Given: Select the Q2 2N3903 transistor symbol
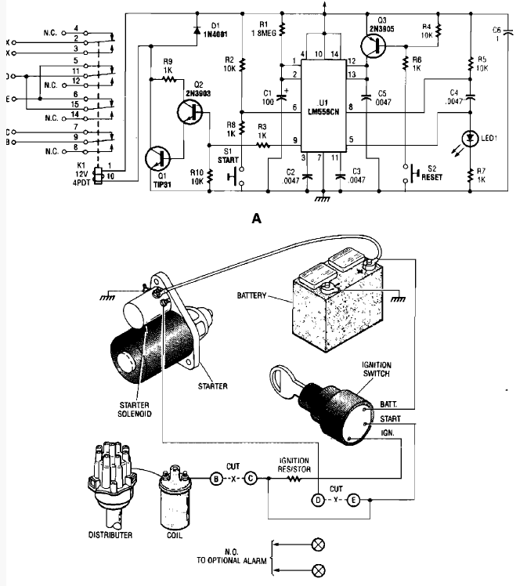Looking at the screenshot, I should pyautogui.click(x=192, y=113).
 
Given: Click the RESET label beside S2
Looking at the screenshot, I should pyautogui.click(x=431, y=177).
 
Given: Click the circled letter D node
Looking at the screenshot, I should pyautogui.click(x=318, y=498).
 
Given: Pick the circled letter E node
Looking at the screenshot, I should pyautogui.click(x=354, y=498).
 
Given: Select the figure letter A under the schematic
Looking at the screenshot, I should pyautogui.click(x=255, y=220).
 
